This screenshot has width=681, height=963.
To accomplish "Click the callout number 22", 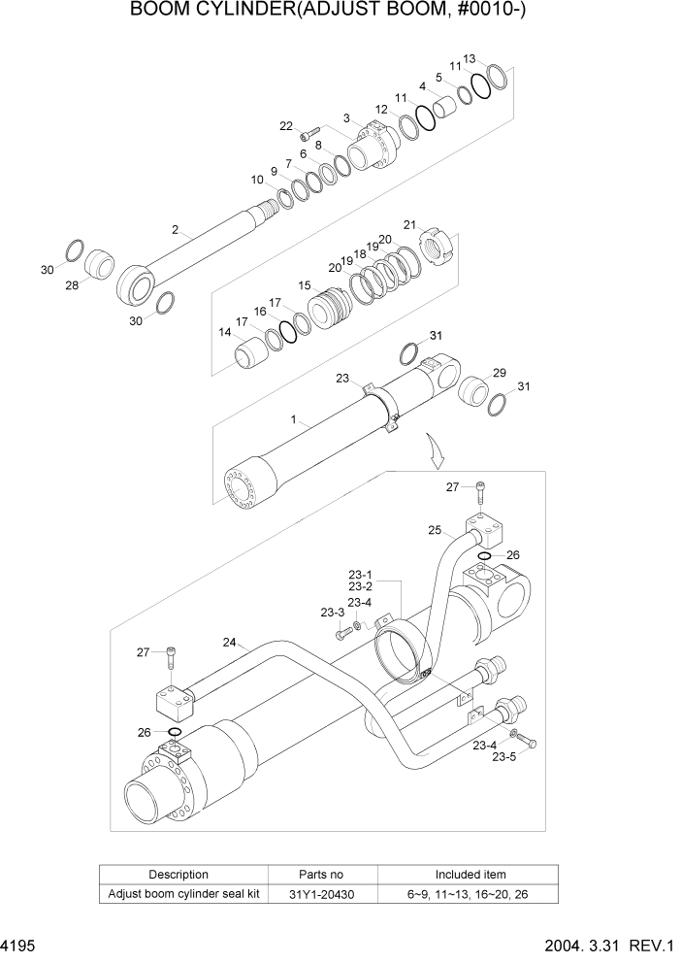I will click(286, 126).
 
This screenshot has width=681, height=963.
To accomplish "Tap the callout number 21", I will click(409, 225).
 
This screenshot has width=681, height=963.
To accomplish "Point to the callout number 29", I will click(500, 373).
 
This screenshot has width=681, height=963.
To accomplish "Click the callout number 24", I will click(230, 642).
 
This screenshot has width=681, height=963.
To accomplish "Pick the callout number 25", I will click(435, 530).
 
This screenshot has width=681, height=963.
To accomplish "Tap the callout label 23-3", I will click(333, 613).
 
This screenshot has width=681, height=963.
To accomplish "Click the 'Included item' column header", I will click(470, 875).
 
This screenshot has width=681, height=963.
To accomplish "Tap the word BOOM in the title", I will click(167, 12).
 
